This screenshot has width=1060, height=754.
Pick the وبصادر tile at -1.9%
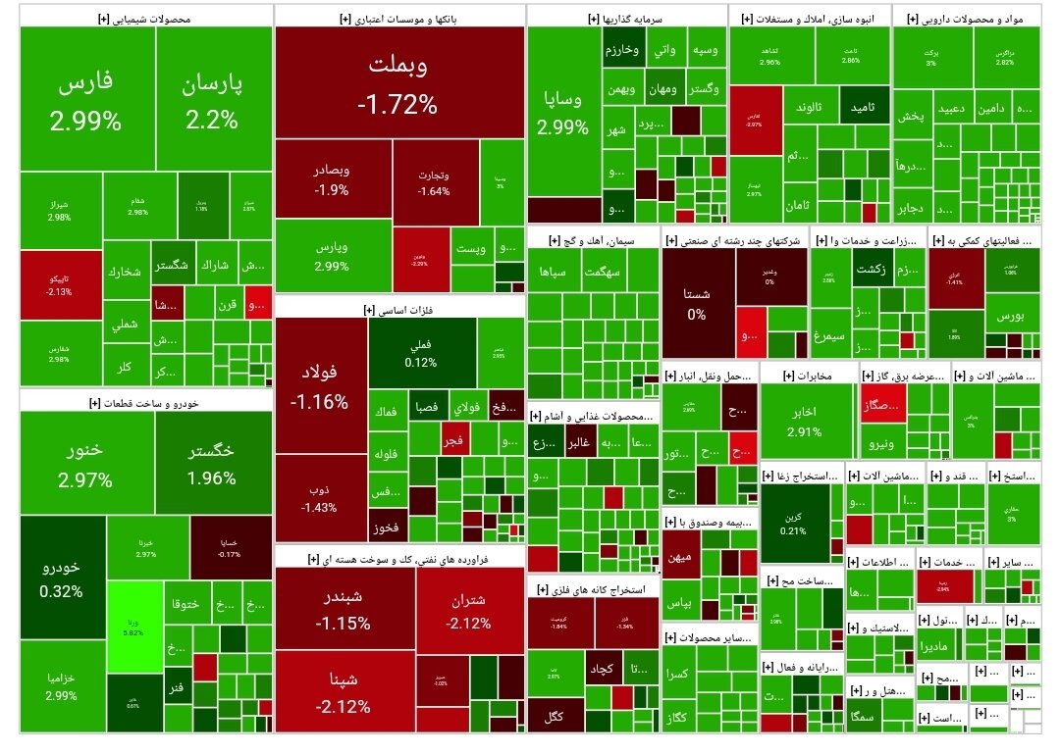click(332, 178)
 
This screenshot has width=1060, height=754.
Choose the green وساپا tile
click(563, 112)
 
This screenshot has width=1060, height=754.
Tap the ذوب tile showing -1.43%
click(320, 498)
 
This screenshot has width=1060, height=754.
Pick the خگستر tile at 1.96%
click(212, 463)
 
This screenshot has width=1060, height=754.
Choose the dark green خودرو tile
click(61, 578)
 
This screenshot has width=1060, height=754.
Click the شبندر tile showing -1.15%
click(344, 608)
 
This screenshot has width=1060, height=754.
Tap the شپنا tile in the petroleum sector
click(344, 693)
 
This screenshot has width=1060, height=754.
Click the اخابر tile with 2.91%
click(804, 422)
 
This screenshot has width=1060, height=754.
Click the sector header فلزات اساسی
click(397, 309)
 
